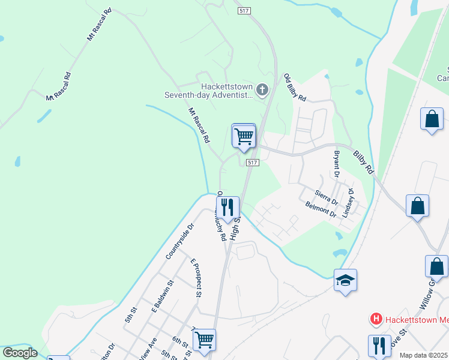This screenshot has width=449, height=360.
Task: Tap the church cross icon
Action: coord(262,91)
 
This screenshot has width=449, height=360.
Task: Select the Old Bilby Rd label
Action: coord(295,88)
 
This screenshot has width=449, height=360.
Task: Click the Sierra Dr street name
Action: coord(327,196)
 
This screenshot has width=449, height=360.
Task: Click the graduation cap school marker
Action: coord(346,281)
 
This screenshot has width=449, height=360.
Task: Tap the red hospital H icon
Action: coord(376,319)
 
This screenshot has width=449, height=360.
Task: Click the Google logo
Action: coord(20,353)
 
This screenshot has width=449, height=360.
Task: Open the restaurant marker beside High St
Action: coord(228,208)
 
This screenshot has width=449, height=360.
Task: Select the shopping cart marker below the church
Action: coord(244,136)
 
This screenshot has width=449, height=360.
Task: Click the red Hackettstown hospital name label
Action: coord(416,319)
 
